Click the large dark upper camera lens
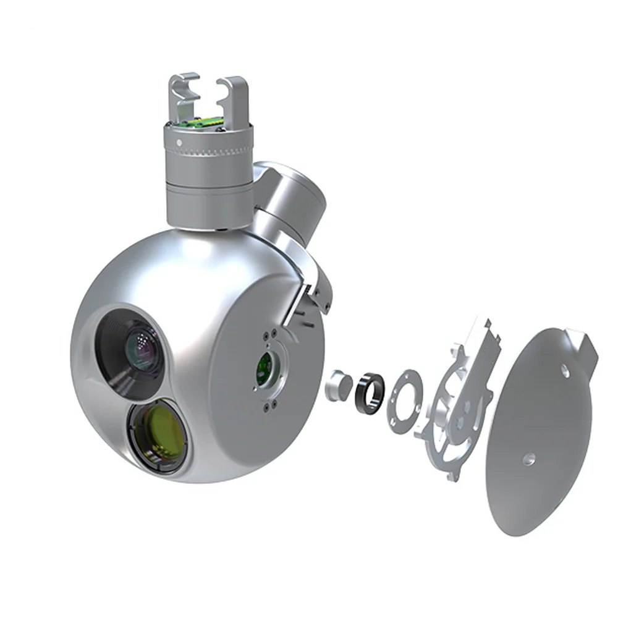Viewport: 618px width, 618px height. coord(137,349)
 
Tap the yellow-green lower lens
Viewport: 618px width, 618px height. coord(159,434)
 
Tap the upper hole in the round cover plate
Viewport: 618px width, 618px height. coord(565,371)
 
